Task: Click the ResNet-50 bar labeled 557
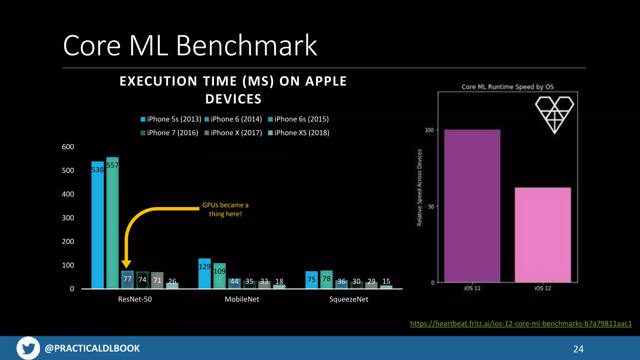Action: tap(112, 222)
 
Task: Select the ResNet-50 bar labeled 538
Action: tap(97, 225)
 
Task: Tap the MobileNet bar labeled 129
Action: tap(204, 273)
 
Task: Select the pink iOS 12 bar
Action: tap(543, 234)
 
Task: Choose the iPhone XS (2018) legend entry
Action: tap(299, 133)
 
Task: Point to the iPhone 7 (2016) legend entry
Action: tap(170, 133)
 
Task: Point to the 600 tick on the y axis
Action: tap(68, 147)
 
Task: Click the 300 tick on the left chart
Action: tap(68, 218)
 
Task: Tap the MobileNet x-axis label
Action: tap(242, 299)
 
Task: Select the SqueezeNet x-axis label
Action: tap(349, 299)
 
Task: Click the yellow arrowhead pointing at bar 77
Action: tap(126, 264)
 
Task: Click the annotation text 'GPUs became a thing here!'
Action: tap(225, 209)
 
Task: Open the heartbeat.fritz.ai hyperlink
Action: tap(521, 323)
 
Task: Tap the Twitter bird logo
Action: tap(28, 348)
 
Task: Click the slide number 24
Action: tap(578, 349)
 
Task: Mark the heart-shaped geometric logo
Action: tap(554, 114)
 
